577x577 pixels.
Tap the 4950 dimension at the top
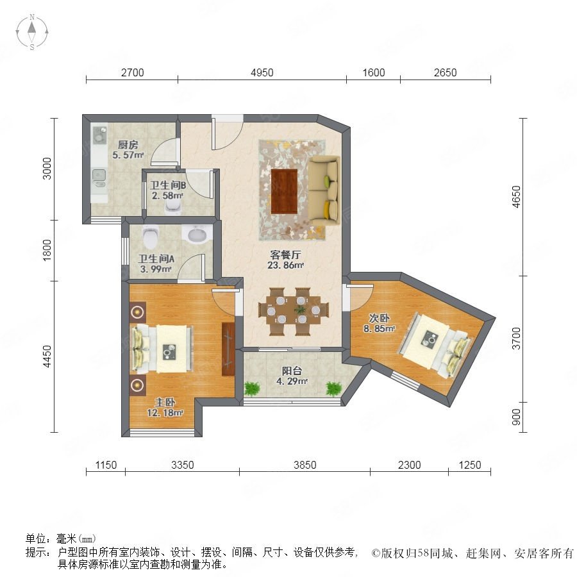click(262, 72)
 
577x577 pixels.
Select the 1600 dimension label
click(374, 72)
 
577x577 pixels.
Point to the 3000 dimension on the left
click(47, 169)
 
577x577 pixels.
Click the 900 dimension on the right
click(516, 417)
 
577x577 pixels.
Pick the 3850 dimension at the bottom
click(305, 465)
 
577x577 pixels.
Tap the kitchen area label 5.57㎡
click(128, 155)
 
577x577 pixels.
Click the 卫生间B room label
click(168, 185)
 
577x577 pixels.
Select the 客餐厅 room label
click(285, 255)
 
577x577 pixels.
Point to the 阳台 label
click(292, 371)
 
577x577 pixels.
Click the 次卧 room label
click(379, 317)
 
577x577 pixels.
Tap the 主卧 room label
click(165, 402)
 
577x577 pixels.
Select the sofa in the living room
click(324, 190)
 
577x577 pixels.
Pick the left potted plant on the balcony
click(252, 389)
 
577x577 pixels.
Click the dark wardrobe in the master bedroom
click(228, 349)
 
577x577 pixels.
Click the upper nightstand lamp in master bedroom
click(138, 312)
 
